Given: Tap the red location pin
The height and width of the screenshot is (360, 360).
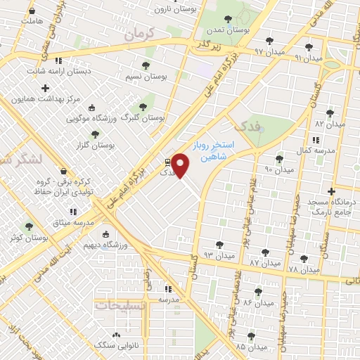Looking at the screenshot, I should click(181, 165).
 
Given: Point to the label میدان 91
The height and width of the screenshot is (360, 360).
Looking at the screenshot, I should click(309, 58).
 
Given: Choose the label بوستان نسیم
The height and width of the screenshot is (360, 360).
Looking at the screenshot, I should click(146, 75).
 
